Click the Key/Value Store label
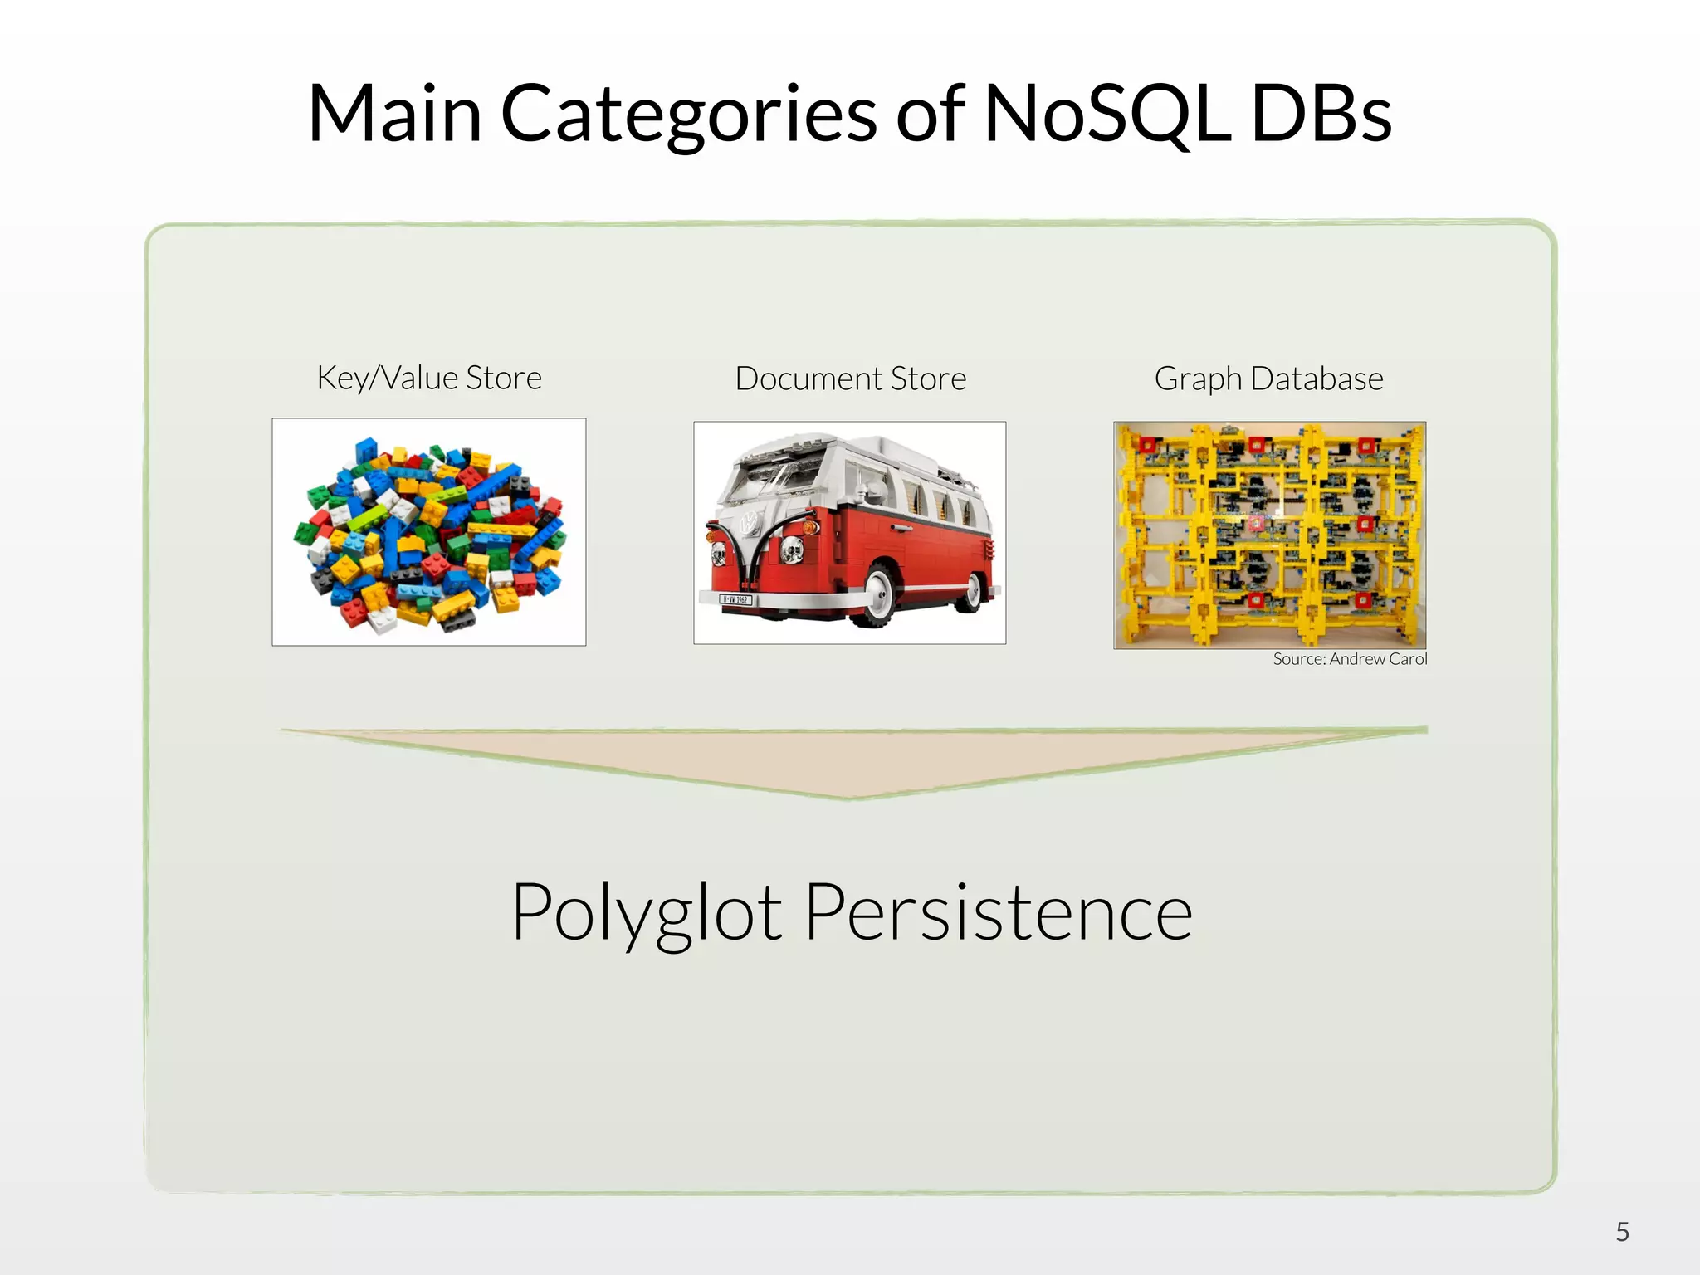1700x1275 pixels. [x=429, y=378]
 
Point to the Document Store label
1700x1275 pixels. [x=851, y=379]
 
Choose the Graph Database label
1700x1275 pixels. [x=1268, y=379]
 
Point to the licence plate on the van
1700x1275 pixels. [x=735, y=599]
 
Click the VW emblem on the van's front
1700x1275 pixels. [x=749, y=522]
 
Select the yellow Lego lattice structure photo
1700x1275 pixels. [x=1269, y=535]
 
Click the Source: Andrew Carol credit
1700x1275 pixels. [x=1350, y=659]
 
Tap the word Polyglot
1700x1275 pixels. [x=647, y=913]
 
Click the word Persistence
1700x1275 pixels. [x=999, y=912]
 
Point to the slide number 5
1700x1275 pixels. [x=1622, y=1232]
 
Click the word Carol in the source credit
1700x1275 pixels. [x=1408, y=659]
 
